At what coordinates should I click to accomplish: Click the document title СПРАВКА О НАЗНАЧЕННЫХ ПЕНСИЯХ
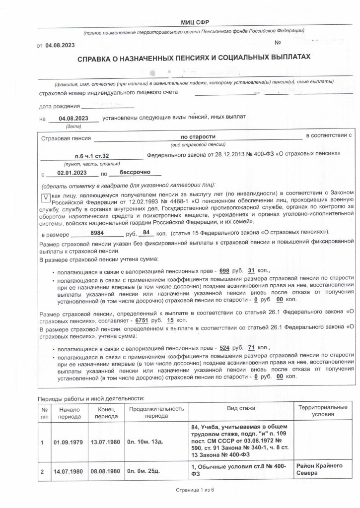click(x=194, y=58)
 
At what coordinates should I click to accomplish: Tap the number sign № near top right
click(x=278, y=42)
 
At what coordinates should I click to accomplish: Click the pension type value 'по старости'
click(x=198, y=135)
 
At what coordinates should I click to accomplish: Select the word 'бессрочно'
click(x=134, y=173)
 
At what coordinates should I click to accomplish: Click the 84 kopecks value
click(x=145, y=233)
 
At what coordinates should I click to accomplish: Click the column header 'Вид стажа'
click(x=241, y=408)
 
